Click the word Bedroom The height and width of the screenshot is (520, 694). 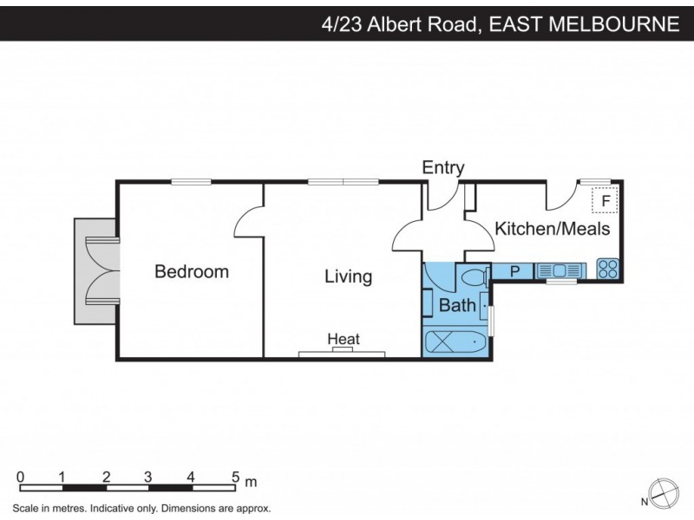[192, 271]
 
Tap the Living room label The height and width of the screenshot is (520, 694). [348, 276]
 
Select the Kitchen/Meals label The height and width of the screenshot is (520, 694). [552, 229]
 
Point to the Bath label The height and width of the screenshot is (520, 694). [457, 305]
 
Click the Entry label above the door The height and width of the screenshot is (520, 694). [443, 168]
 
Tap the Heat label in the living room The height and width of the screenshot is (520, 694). [344, 339]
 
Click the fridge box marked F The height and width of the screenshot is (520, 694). [605, 201]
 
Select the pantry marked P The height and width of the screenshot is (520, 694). [514, 271]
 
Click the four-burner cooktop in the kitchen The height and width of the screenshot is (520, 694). [608, 270]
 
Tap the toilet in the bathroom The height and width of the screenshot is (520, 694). [474, 277]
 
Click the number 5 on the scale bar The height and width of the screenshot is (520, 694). [234, 477]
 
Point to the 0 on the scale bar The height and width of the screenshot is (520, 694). [20, 477]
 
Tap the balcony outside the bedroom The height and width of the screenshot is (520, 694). [95, 270]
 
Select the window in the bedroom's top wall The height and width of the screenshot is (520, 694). [191, 181]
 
